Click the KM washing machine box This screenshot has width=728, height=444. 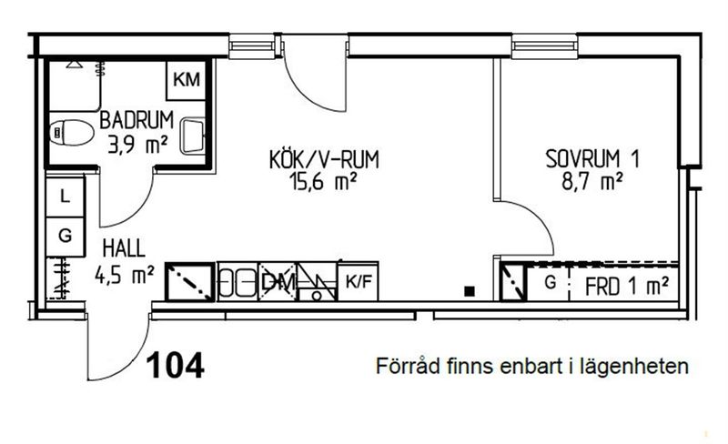tap(187, 80)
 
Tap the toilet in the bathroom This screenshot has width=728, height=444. tap(71, 132)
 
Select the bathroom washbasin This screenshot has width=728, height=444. tap(193, 136)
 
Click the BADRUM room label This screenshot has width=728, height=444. tap(136, 120)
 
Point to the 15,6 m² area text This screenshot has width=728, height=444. tap(323, 181)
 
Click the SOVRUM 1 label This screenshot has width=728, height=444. tap(592, 159)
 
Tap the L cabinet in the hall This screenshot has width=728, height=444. tap(65, 197)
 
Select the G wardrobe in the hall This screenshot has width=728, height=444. tap(65, 237)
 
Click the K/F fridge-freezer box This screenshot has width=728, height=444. tap(358, 281)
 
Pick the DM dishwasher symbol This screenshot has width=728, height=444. tap(278, 282)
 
